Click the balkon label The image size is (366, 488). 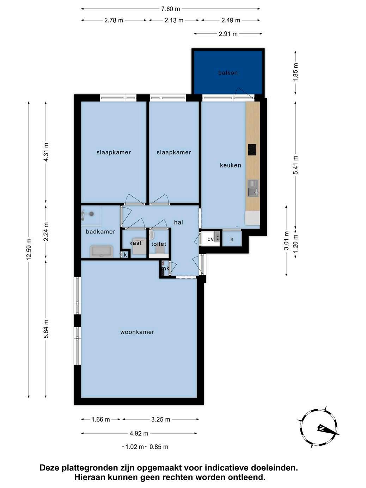pos(228,73)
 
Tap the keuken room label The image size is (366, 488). pos(231,165)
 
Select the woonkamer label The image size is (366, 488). pos(137,332)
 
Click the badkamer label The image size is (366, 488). pos(100,232)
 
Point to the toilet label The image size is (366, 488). pos(159,244)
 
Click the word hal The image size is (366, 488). pos(178,222)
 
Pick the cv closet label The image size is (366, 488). pos(211,239)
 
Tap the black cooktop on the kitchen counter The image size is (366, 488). pos(252,150)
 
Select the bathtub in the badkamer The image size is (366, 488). pos(101,251)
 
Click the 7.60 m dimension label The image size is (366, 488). pos(170,9)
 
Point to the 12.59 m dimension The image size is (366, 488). pos(29,249)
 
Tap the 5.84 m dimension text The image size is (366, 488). pos(46,329)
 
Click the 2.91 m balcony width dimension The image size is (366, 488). pos(228,34)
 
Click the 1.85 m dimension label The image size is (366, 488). pos(295,72)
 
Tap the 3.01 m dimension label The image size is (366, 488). pos(286,240)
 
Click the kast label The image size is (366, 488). pos(135,243)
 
